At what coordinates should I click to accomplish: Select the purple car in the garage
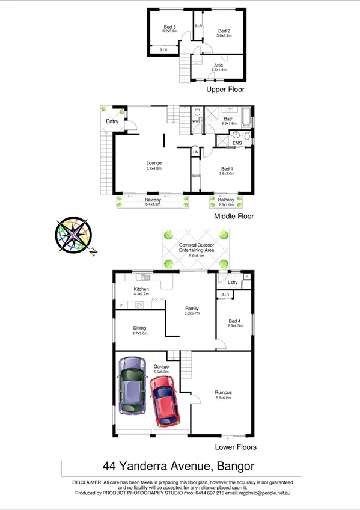click(x=133, y=386)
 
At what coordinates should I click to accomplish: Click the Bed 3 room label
click(x=170, y=27)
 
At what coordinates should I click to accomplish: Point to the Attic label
click(x=219, y=65)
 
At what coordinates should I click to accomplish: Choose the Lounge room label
click(x=154, y=163)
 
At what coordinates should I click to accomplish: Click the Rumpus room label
click(x=224, y=393)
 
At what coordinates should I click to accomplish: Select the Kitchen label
click(x=141, y=289)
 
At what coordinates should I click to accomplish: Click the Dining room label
click(x=139, y=328)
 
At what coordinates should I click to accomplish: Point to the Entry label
click(x=112, y=122)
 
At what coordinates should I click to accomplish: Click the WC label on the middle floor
click(x=195, y=121)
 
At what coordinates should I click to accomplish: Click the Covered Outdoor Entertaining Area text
click(x=193, y=249)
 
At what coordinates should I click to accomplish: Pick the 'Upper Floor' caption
click(x=225, y=89)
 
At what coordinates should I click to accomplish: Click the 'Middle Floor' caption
click(x=234, y=216)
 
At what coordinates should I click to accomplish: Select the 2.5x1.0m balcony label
click(x=226, y=200)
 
